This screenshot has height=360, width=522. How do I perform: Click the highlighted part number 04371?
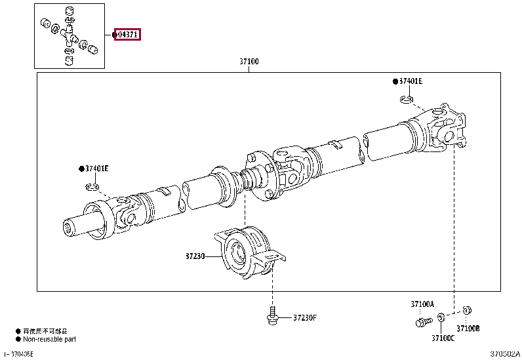point(128,35)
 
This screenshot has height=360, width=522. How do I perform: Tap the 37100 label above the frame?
point(249,62)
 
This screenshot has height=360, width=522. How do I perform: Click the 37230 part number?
point(195,257)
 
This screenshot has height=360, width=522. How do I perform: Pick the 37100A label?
point(422,304)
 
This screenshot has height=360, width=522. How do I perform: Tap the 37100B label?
point(468,328)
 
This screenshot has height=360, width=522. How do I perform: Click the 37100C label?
point(443,338)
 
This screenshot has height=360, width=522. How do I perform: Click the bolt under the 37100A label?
point(422,321)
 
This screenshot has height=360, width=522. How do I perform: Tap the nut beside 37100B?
point(467,310)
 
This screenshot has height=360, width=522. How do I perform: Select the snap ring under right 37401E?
point(407,100)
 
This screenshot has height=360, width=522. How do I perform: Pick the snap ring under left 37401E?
point(92,188)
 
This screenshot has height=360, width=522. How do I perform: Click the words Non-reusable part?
point(50,339)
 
